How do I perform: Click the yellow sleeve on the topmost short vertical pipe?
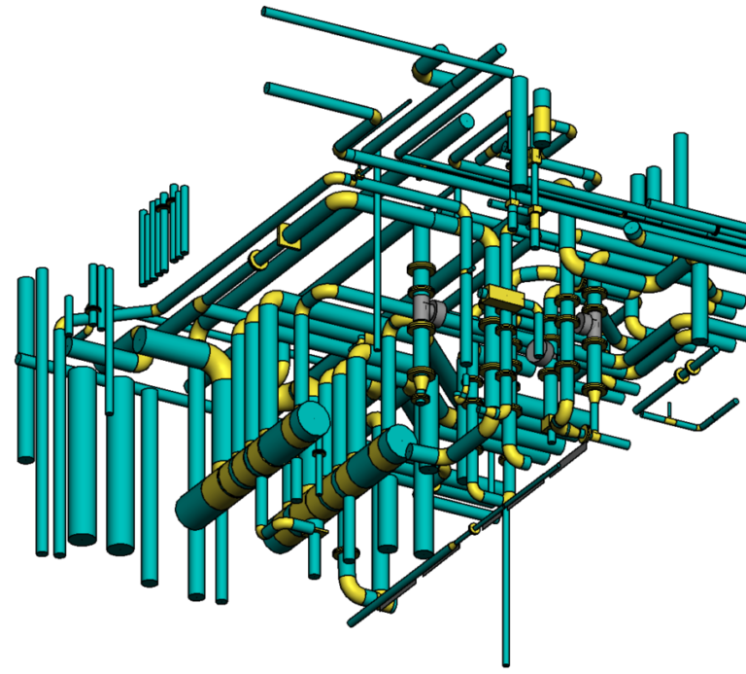[541, 120]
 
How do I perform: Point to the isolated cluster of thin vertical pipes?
[163, 233]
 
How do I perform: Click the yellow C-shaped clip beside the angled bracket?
[258, 260]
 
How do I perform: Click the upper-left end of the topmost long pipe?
[266, 12]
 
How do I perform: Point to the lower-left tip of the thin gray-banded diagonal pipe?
[352, 620]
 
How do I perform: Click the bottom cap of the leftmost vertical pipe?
[26, 460]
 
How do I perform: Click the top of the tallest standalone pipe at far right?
[681, 138]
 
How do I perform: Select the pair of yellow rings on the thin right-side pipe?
[691, 369]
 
